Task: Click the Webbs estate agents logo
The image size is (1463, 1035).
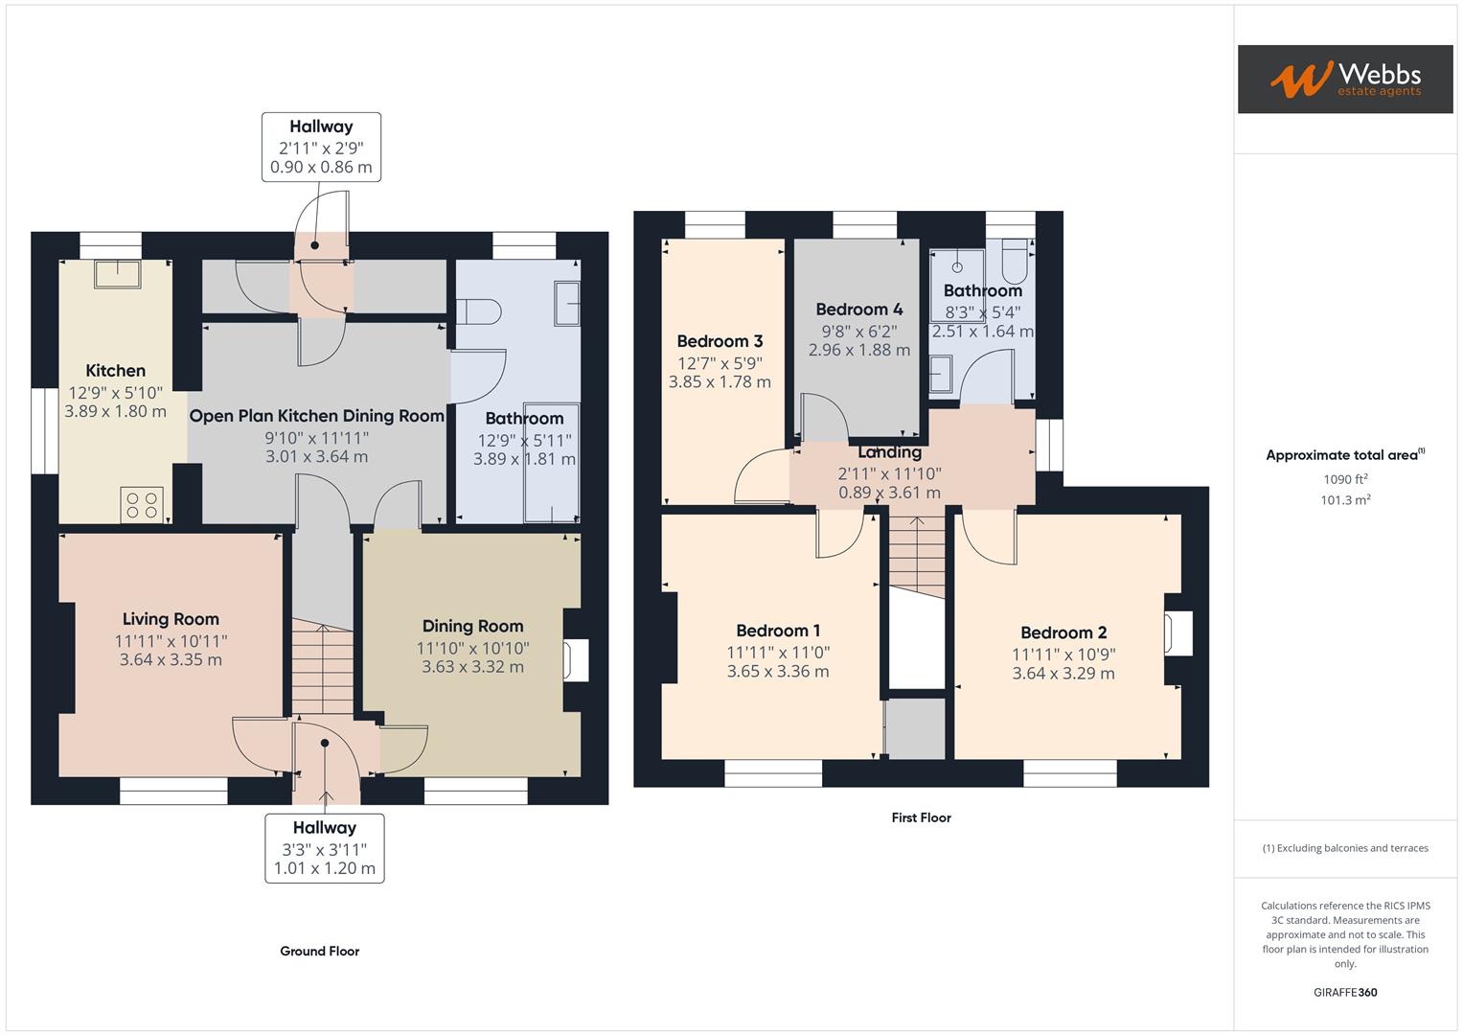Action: click(1344, 79)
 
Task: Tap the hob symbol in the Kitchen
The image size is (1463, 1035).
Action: click(142, 505)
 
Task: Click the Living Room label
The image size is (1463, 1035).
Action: click(171, 619)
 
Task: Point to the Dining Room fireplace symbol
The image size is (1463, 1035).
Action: click(575, 660)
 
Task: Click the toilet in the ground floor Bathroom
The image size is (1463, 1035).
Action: click(479, 312)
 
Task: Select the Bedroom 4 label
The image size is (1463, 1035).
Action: click(858, 310)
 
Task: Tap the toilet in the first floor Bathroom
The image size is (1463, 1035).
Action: click(1014, 263)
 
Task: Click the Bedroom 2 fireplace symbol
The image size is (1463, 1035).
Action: click(1177, 634)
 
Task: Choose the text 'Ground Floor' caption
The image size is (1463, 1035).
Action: click(319, 952)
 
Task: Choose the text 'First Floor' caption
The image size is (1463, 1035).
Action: click(921, 817)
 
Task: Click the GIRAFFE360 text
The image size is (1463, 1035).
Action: click(1344, 993)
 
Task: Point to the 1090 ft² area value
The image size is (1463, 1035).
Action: click(1344, 479)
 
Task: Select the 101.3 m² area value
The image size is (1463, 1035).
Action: click(1344, 500)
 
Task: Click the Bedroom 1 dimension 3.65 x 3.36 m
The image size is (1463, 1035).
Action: click(777, 672)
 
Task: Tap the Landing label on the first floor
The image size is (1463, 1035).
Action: click(889, 452)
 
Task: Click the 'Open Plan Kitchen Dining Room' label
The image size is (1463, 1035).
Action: click(316, 416)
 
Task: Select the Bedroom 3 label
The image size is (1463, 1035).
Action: click(720, 341)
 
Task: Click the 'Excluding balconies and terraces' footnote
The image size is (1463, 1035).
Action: click(1344, 848)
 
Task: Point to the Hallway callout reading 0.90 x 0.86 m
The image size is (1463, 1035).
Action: click(321, 167)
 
